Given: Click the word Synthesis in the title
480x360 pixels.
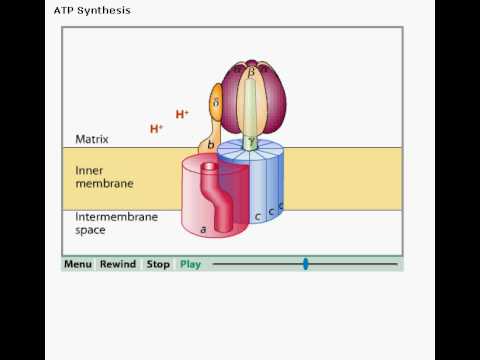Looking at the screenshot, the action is pos(104,11).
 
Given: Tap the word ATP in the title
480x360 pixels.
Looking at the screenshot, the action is pos(64,10).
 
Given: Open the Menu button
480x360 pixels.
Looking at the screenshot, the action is pos(78,264).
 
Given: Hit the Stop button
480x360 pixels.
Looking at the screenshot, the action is pos(158,264).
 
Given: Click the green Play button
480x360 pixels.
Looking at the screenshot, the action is pos(190,265).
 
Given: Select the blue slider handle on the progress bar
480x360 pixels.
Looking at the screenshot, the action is pos(306,264).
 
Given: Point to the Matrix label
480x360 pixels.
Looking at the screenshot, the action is pos(92,139).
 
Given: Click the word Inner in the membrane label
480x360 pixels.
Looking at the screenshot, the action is pos(89,171).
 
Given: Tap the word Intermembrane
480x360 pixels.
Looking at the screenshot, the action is pos(117,217).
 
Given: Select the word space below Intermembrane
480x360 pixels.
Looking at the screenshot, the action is pos(90,230).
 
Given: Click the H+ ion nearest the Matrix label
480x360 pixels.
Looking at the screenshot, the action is pos(156,129).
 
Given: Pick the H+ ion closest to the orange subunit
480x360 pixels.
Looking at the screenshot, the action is pos(182,114).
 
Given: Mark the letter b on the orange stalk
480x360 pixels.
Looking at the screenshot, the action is pos(210,145).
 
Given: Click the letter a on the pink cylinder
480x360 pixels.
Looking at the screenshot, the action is pos(203,230).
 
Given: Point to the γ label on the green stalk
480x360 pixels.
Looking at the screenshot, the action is pos(252,142).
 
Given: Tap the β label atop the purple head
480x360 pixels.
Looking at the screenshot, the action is pos(251,71).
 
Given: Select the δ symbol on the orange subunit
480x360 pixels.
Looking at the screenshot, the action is pos(216,103).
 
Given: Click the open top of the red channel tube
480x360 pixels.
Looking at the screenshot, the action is pos(209,166).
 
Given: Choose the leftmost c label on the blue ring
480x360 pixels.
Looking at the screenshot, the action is pos(258,217).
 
